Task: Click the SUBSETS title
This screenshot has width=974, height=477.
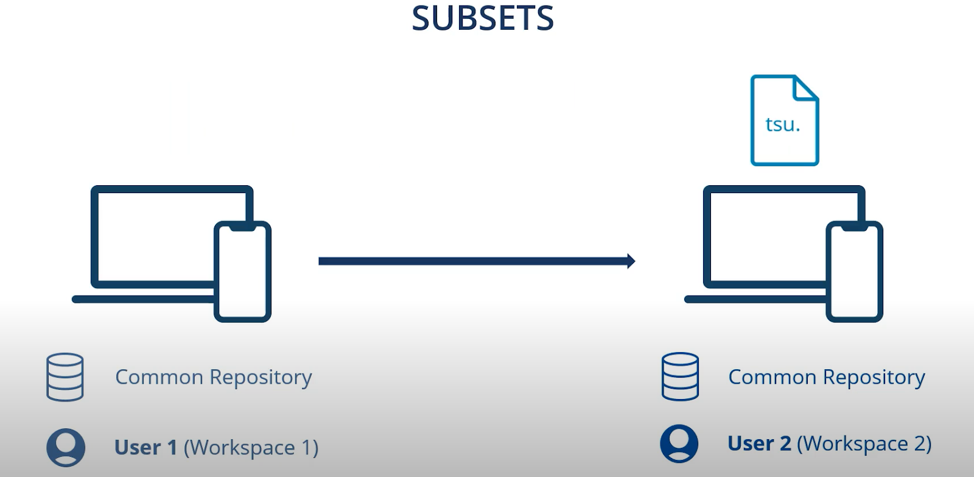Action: (x=483, y=18)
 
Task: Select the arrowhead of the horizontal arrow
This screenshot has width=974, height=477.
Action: (x=631, y=261)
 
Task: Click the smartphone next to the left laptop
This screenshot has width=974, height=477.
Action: (x=242, y=272)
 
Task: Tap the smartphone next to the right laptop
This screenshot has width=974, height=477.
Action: (x=854, y=272)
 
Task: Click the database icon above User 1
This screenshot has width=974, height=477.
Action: (x=65, y=377)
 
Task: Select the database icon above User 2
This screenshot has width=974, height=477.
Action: (x=680, y=376)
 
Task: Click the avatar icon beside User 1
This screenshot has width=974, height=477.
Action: (x=66, y=448)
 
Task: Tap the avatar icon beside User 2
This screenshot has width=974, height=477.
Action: (x=679, y=443)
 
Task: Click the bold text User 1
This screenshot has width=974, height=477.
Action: (x=145, y=448)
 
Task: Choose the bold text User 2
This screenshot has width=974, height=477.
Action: (x=759, y=443)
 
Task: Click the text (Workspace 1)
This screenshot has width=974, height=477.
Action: (x=251, y=448)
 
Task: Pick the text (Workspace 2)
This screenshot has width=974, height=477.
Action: (x=864, y=443)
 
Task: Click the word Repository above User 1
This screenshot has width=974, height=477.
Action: (x=261, y=378)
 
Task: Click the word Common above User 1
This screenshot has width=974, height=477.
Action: (x=159, y=377)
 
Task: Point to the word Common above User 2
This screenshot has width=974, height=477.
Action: (x=772, y=377)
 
